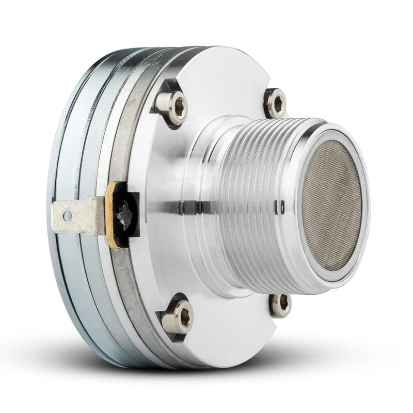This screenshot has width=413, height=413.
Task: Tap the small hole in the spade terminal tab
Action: pos(65,213)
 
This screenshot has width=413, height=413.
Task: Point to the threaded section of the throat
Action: pos(258,201)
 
